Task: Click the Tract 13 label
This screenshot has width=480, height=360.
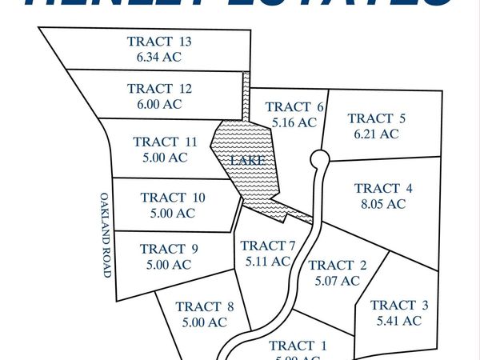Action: (159, 42)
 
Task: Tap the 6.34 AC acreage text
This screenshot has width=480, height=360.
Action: (159, 57)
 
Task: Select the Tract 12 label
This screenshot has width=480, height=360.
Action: (160, 89)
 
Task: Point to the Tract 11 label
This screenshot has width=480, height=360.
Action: (165, 142)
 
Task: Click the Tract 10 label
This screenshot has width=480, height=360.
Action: (173, 198)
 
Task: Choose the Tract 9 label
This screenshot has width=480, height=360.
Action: (169, 249)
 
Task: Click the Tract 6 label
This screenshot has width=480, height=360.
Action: (294, 107)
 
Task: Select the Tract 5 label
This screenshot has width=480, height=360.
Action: (377, 118)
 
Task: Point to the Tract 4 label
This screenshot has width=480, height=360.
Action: (383, 188)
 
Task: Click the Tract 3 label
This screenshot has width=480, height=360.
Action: (399, 305)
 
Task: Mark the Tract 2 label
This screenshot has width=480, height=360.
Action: (337, 265)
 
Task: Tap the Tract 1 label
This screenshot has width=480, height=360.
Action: (298, 346)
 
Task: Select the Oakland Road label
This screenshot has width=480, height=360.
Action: (105, 234)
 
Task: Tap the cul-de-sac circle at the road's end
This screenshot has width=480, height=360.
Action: (318, 158)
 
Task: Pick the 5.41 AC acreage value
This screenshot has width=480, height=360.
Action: (398, 321)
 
